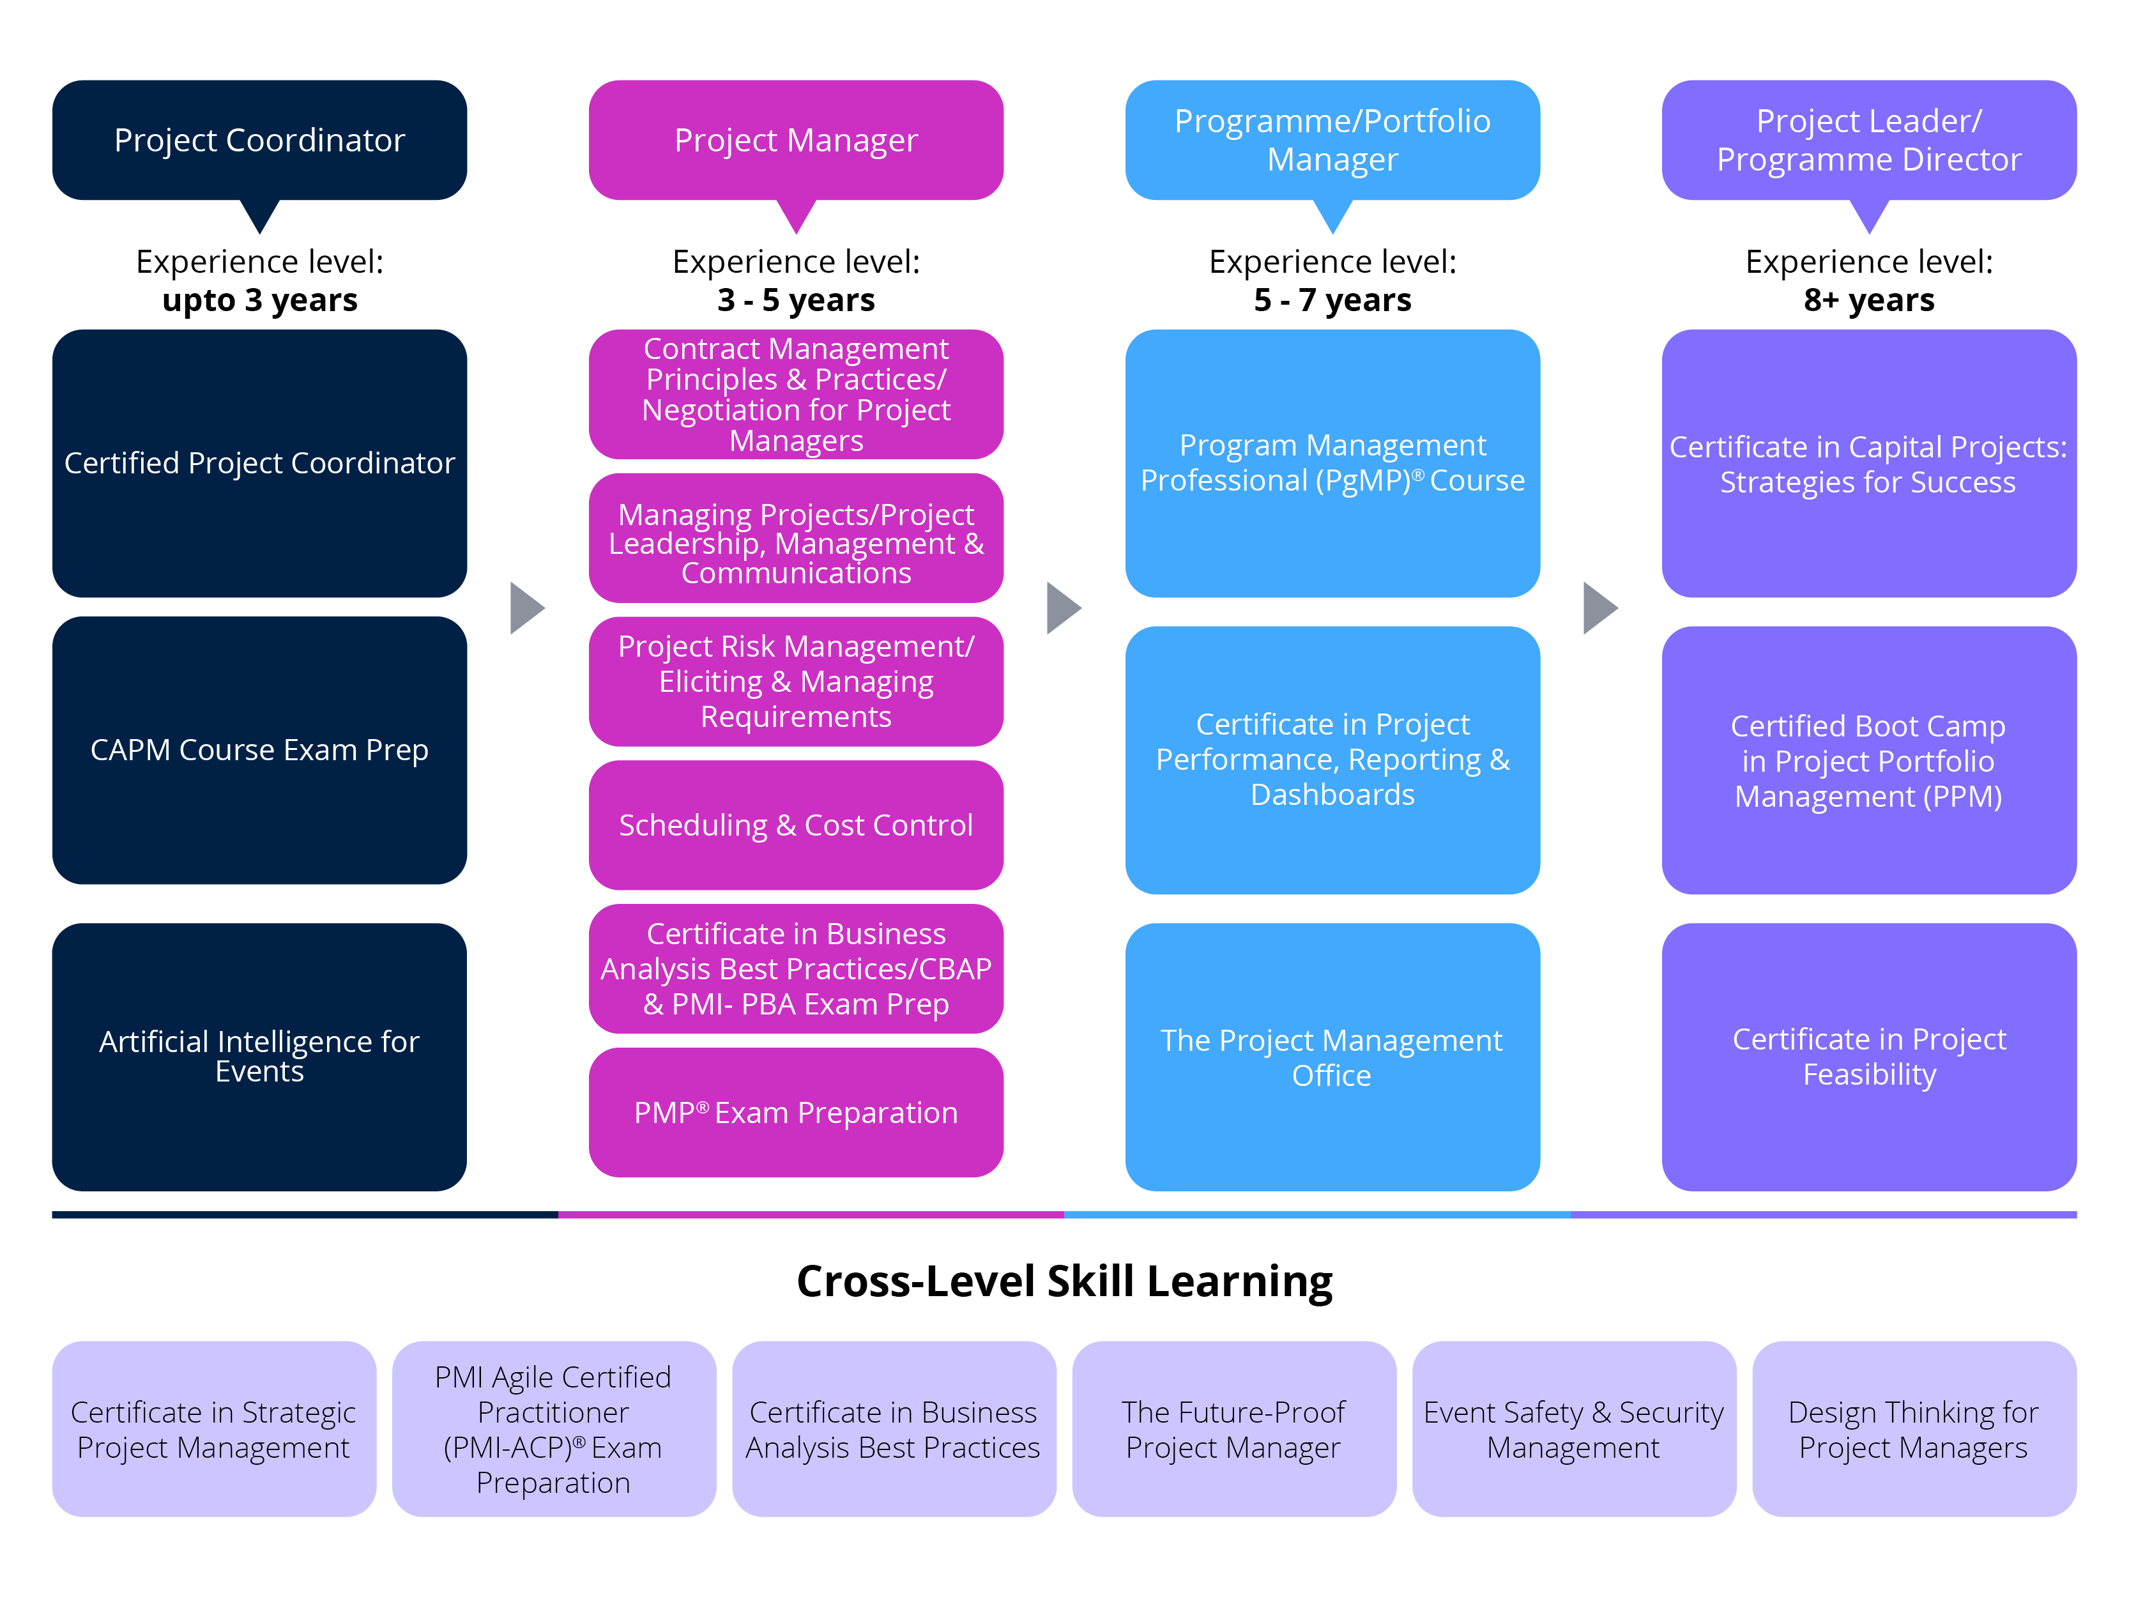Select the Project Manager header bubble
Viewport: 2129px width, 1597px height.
point(796,141)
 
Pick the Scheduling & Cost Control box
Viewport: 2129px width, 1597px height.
point(796,825)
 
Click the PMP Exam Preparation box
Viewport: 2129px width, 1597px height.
point(796,1112)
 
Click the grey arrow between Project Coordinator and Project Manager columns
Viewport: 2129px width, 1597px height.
point(526,607)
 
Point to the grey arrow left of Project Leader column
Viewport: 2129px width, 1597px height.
point(1599,607)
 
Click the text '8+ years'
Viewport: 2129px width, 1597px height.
point(1868,300)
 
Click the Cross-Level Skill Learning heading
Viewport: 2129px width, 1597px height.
point(1064,1281)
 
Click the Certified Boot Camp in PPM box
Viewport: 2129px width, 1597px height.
point(1868,760)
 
